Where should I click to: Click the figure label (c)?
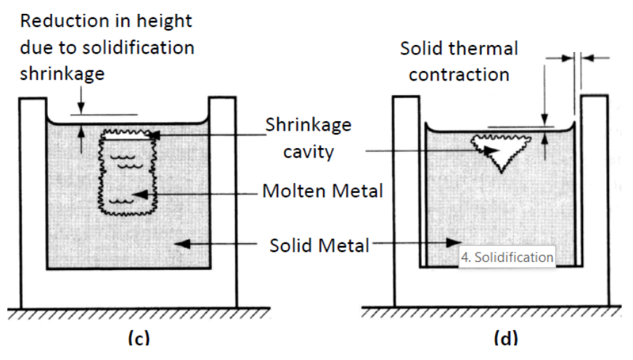138,338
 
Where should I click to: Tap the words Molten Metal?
322,192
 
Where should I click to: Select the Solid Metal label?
319,245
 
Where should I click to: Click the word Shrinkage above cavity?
308,125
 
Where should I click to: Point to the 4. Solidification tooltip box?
507,257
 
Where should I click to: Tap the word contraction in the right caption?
459,75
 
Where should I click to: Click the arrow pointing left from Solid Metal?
218,245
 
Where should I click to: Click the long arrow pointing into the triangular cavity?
428,151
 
